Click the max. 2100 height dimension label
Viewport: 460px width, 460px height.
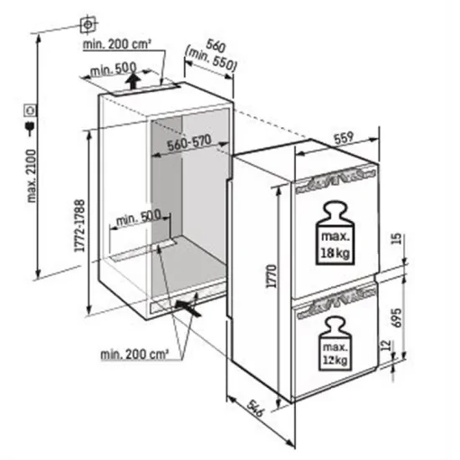click(31, 180)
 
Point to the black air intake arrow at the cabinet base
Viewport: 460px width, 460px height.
click(190, 308)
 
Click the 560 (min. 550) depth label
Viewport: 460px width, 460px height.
click(221, 54)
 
